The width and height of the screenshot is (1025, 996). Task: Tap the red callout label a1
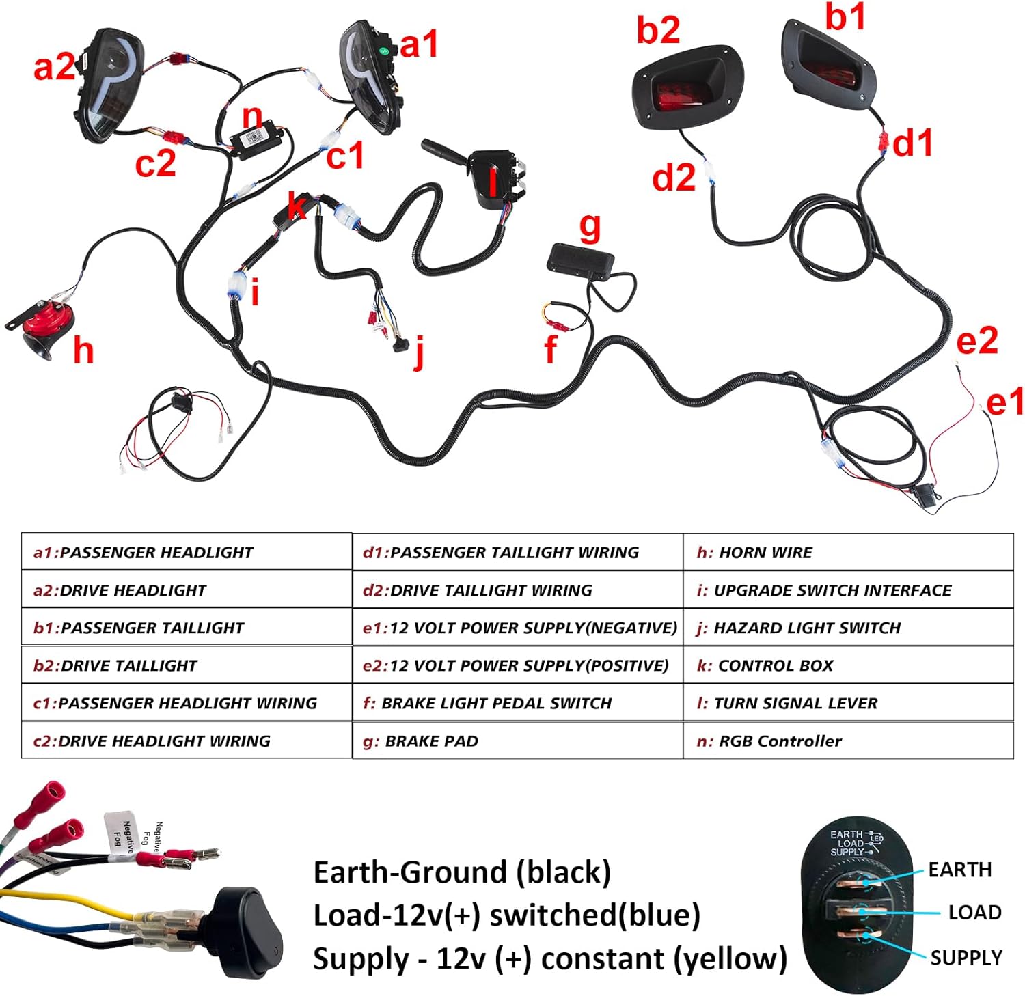(x=418, y=45)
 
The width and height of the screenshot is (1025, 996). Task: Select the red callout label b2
(x=657, y=30)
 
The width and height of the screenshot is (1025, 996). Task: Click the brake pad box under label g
(x=581, y=262)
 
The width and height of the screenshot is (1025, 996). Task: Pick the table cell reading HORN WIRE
(x=847, y=552)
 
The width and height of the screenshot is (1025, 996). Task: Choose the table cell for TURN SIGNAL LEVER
(x=847, y=703)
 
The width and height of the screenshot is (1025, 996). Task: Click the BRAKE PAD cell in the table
(x=517, y=741)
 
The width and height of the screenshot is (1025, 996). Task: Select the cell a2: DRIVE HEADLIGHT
(x=186, y=590)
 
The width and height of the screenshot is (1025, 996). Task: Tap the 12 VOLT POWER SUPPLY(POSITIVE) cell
(x=517, y=665)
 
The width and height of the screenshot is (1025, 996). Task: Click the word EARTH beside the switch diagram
(x=959, y=870)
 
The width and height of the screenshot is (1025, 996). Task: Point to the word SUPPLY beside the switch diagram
(x=966, y=958)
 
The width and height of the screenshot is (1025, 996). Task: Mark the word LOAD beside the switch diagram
(x=974, y=913)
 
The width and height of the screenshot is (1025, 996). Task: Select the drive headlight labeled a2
(x=109, y=85)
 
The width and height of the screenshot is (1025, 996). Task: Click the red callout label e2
(x=976, y=341)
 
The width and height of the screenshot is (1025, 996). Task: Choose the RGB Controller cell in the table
(x=847, y=741)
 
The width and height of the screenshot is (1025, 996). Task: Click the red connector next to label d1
(x=883, y=143)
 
